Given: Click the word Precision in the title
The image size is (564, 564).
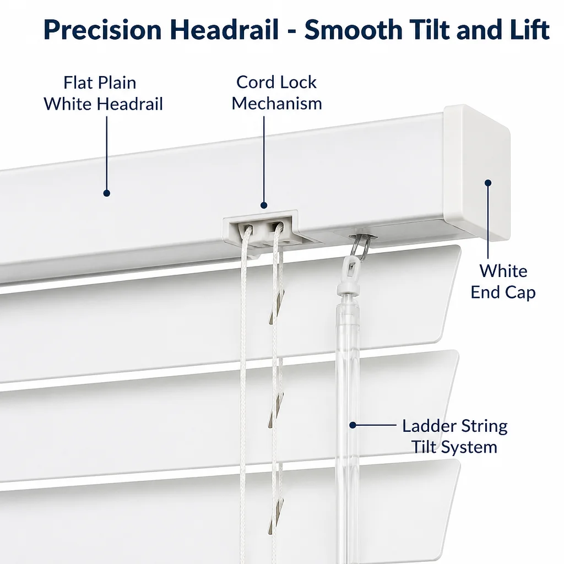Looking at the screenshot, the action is (x=102, y=30).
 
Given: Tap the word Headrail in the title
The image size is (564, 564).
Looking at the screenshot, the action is (x=224, y=29).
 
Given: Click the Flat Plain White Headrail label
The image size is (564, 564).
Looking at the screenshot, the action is (x=103, y=93).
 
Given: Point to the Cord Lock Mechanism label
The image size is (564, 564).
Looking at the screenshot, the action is (x=276, y=93).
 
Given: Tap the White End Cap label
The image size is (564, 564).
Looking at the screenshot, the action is (x=503, y=281).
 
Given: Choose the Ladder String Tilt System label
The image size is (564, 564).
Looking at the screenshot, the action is (x=454, y=436).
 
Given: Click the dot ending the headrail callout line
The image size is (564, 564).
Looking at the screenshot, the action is (x=106, y=193).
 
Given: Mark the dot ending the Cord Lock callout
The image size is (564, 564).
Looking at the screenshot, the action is (x=264, y=205).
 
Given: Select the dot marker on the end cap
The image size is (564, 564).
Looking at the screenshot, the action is (x=488, y=183).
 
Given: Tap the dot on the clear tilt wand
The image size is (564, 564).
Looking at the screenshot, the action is (x=352, y=425).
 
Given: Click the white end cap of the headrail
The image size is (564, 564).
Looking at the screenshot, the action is (x=477, y=172).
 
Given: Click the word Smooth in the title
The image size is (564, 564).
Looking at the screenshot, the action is (x=354, y=29).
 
